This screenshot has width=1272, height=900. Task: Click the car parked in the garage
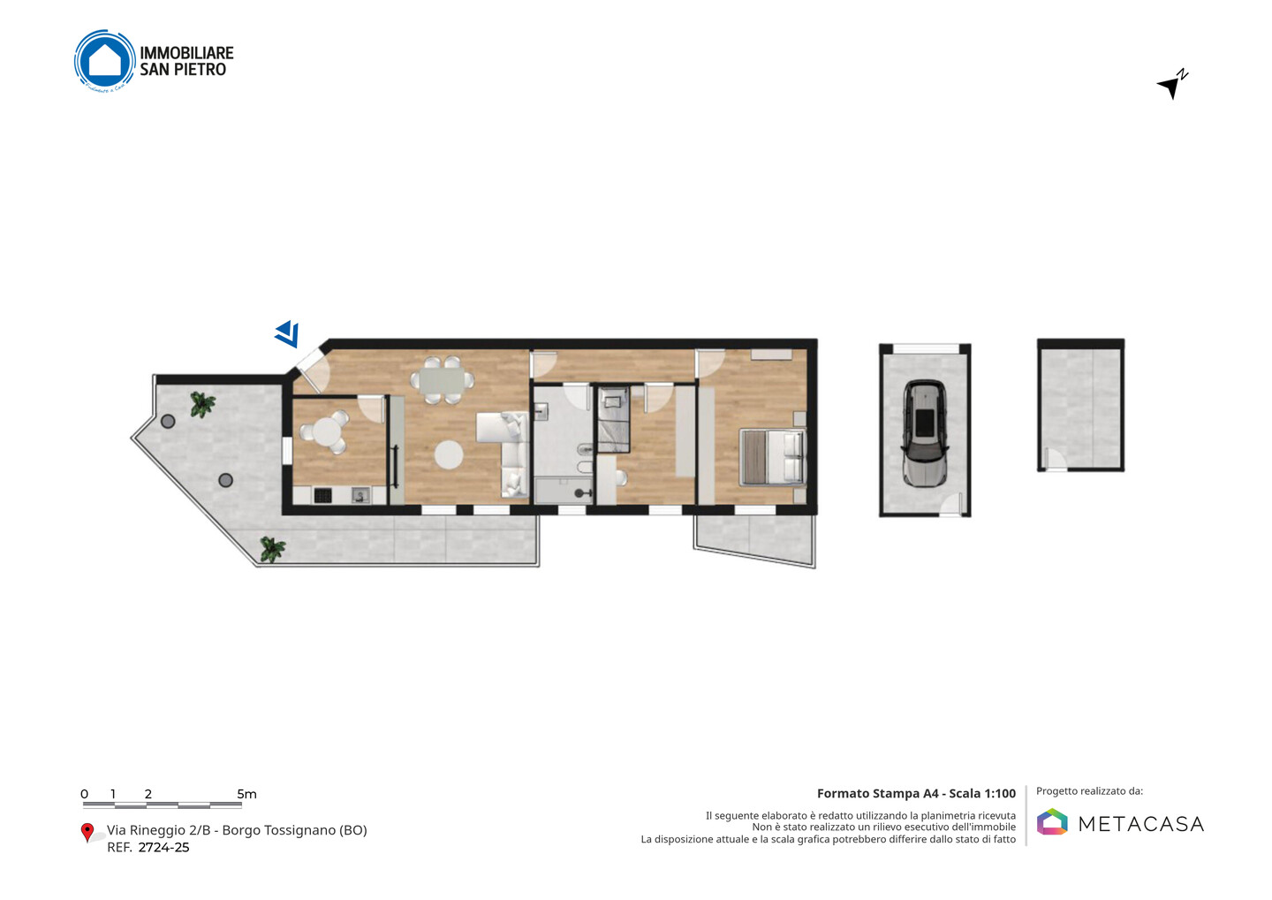pos(925,433)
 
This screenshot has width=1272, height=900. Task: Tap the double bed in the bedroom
pos(773,457)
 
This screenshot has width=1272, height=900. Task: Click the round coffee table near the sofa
pos(449,455)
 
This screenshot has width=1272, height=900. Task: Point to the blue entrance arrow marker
pos(288,333)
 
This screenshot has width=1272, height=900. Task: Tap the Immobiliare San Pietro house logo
pos(105,61)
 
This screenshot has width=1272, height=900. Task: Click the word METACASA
pos(1141,824)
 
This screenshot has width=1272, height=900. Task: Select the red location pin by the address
pos(87,833)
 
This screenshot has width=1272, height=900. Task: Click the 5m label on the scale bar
pos(247,794)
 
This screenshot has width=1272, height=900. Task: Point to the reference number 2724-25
pos(163,847)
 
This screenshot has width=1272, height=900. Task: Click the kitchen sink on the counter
pos(360,495)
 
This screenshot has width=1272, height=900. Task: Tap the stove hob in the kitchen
pos(322,495)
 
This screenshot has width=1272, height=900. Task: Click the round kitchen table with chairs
pos(325,431)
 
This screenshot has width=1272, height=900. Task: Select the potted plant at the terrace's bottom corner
pos(273,549)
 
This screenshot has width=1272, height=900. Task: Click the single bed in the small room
pos(613,419)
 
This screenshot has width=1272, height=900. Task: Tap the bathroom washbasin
pos(541,410)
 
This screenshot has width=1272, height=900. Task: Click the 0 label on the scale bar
pos(85,794)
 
